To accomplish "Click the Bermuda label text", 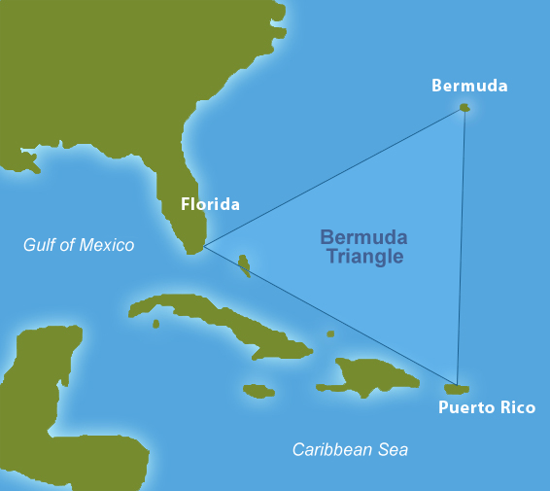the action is [469, 86].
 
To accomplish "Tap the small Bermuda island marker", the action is [465, 108].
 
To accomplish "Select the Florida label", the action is [210, 204].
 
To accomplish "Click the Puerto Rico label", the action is [486, 407].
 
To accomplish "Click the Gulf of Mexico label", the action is [79, 245].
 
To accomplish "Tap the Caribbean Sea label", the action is [350, 449].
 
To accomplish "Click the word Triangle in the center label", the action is [364, 258].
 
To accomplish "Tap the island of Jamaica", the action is [258, 391].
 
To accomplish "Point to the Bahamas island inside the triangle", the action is [245, 263].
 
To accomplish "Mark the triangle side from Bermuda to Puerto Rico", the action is [462, 243].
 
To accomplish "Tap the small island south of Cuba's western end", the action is [155, 324].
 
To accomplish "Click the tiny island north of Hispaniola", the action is [330, 334].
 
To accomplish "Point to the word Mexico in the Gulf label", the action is [108, 245].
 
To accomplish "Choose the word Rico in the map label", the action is [515, 407].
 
